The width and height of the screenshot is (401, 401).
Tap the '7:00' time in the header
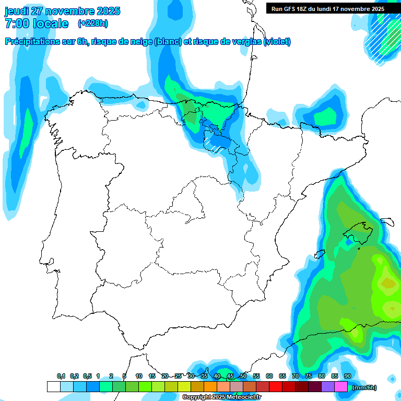tap(16, 23)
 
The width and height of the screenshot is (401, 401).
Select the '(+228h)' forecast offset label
tap(93, 23)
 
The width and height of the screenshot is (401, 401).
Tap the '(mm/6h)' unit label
tap(364, 387)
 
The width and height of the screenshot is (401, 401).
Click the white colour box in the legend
tap(53, 387)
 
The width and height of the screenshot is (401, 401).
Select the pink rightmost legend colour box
tap(341, 387)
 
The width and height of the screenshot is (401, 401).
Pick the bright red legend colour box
tap(276, 387)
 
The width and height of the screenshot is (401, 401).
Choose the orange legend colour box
tap(210, 387)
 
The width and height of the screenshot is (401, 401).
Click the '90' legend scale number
tap(347, 376)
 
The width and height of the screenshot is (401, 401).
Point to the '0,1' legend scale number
tap(61, 376)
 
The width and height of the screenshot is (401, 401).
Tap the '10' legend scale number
tap(139, 376)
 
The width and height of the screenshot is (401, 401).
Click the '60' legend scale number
tap(269, 376)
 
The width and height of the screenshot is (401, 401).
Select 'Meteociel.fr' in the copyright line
tap(243, 397)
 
